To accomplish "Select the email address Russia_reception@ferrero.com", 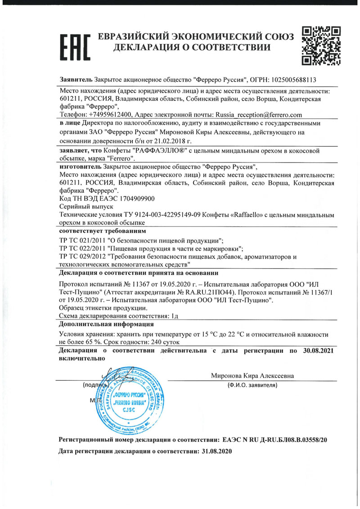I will (259, 115).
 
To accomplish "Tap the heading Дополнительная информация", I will (106, 324).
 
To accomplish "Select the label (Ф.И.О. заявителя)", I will (252, 386).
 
